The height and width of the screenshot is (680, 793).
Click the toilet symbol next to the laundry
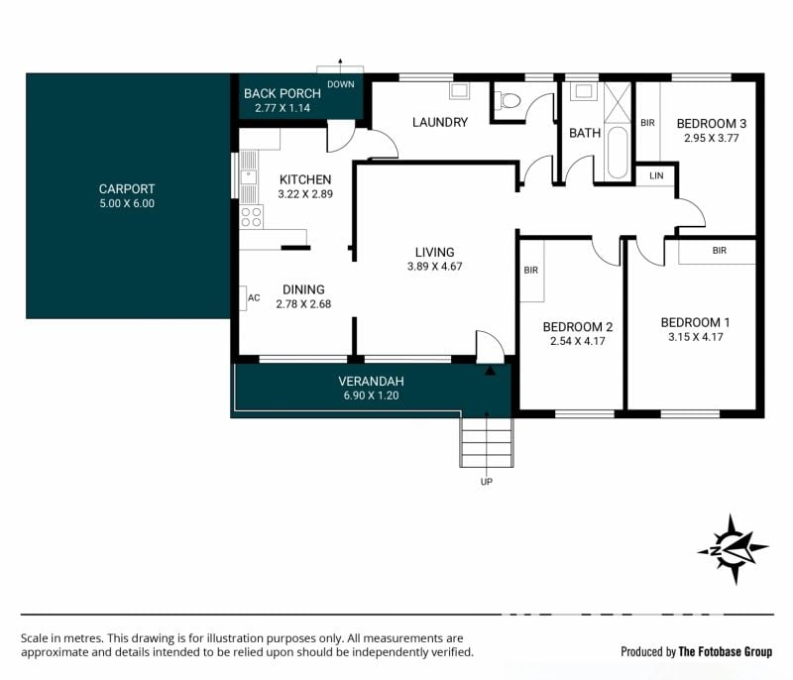click(508, 99)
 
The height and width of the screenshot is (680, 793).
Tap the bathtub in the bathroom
click(617, 153)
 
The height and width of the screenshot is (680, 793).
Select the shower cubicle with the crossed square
click(618, 103)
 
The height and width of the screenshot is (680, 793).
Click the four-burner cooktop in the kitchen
click(252, 217)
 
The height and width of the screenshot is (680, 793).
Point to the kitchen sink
click(249, 177)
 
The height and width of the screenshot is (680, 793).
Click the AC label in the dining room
click(254, 297)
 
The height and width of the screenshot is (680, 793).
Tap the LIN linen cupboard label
click(656, 175)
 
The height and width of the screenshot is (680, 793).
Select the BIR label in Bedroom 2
click(531, 271)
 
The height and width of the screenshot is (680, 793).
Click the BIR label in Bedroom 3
click(648, 123)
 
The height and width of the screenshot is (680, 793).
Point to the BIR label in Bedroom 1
click(720, 250)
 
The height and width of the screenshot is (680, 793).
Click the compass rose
click(733, 549)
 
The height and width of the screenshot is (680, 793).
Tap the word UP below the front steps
click(487, 482)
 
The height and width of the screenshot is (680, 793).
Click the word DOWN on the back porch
click(341, 84)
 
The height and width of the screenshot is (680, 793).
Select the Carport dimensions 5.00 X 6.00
click(127, 204)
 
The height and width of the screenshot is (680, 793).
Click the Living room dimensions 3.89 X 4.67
click(435, 267)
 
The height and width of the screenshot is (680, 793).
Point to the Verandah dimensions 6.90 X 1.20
click(371, 396)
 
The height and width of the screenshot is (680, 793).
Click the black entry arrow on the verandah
click(490, 371)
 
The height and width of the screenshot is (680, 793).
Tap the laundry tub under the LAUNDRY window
click(460, 91)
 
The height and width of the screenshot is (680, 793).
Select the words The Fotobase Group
click(726, 651)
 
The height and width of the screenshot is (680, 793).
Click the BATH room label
click(585, 133)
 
